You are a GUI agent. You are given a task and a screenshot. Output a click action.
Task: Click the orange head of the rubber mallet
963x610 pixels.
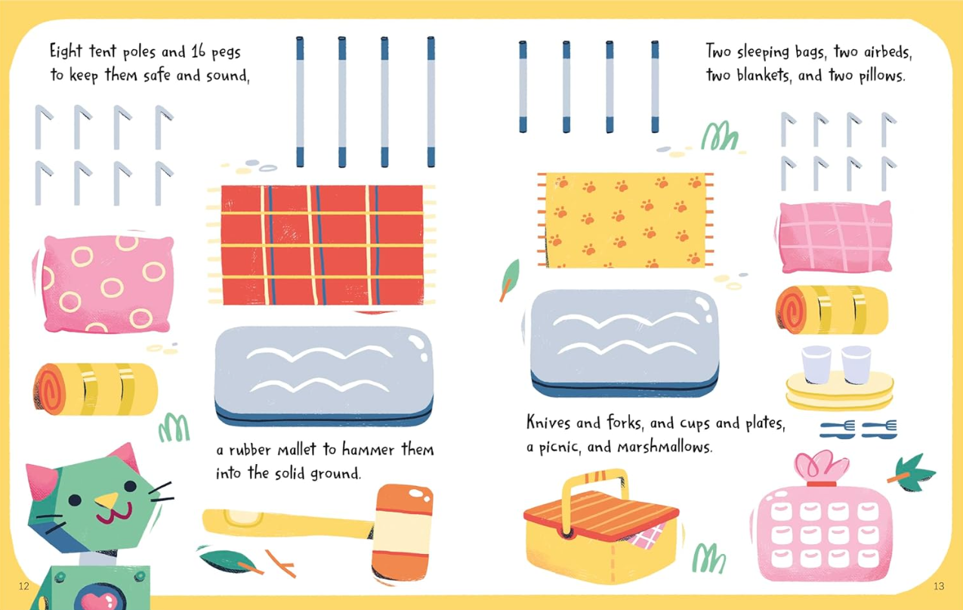pyautogui.click(x=402, y=534)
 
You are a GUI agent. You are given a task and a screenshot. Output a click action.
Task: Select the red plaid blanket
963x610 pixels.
pyautogui.click(x=322, y=245)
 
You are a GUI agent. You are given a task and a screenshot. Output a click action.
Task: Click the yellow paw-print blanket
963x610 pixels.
pyautogui.click(x=625, y=220)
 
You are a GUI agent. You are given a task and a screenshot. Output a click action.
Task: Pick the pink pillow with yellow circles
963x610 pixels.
pyautogui.click(x=105, y=284)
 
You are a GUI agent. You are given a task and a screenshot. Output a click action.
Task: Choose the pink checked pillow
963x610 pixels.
pyautogui.click(x=835, y=237)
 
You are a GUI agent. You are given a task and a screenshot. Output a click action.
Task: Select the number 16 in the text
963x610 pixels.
pyautogui.click(x=198, y=51)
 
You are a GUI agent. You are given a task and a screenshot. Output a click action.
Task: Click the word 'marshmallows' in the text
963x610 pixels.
pyautogui.click(x=665, y=447)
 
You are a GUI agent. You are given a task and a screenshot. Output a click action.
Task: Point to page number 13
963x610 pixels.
pyautogui.click(x=939, y=586)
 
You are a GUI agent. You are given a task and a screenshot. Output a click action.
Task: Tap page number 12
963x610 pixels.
pyautogui.click(x=23, y=586)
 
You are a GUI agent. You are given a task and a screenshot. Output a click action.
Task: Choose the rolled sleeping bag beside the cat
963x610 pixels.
pyautogui.click(x=95, y=389)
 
